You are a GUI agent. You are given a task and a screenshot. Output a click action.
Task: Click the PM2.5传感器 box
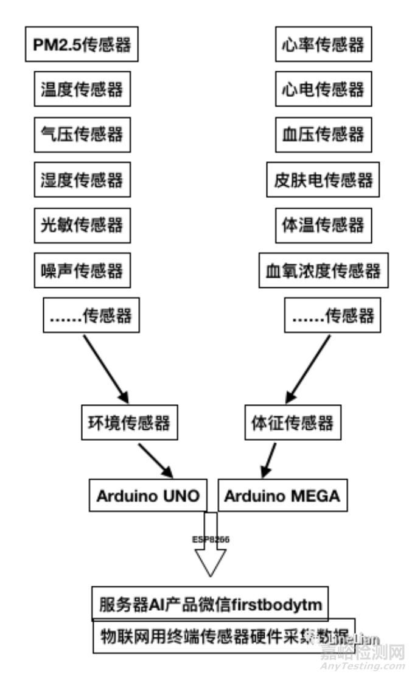82,45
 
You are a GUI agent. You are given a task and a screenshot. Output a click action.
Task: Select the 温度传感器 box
82,90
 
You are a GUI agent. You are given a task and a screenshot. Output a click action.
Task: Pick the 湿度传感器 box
82,180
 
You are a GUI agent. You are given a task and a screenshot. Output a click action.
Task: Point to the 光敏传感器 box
82,225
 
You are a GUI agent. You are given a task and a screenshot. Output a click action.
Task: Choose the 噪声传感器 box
82,270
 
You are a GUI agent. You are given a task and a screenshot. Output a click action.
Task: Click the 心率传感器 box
323,45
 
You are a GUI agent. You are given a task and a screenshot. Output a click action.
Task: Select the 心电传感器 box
323,90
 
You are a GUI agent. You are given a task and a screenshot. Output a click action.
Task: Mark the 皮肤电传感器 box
323,180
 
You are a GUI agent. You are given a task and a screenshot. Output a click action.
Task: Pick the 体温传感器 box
323,225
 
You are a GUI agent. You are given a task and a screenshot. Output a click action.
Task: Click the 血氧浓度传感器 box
323,270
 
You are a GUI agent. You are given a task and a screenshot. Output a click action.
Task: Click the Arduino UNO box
148,496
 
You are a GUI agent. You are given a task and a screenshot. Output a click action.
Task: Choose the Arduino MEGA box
282,496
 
